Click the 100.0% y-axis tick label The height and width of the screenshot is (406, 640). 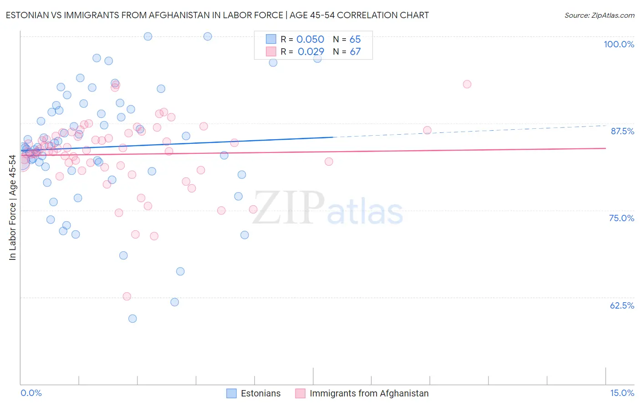pos(619,44)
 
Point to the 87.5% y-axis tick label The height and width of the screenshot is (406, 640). pos(622,131)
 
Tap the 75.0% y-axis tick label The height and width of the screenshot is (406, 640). pos(621,218)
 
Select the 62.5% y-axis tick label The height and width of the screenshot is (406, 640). pos(622,305)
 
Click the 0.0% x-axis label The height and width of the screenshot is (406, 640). pos(31,393)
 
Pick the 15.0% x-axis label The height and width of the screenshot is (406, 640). pos(622,393)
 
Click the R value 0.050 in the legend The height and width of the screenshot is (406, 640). pos(310,40)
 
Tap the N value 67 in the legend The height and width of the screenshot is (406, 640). pos(355,52)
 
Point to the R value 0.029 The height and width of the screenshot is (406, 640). pos(310,52)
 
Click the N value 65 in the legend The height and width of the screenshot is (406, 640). pos(355,40)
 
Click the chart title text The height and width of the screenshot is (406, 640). pos(217,15)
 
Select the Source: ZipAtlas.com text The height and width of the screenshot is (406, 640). pos(599,15)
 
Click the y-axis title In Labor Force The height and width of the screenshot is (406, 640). pos(12,208)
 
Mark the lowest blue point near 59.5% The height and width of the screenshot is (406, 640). pos(132,319)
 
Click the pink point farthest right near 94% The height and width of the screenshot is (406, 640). pos(467,84)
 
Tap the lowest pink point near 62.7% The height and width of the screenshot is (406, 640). pos(127,296)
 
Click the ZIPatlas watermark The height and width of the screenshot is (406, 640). pos(328,208)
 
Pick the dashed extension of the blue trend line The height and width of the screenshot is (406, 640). pos(469,131)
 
